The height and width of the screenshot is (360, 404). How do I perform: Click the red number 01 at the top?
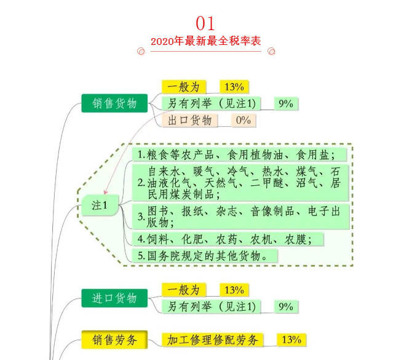[205, 24]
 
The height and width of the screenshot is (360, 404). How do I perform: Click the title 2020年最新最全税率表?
[205, 41]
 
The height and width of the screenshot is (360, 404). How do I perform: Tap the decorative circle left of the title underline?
[141, 52]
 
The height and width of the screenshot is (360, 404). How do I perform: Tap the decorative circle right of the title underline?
[271, 52]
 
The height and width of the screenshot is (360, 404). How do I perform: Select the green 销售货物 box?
[115, 103]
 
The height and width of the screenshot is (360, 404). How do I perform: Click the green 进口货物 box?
[115, 298]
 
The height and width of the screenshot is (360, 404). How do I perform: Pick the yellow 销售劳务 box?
[115, 340]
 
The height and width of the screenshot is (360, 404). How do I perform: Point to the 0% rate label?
[243, 120]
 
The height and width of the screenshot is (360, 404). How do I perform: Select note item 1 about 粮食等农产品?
[240, 154]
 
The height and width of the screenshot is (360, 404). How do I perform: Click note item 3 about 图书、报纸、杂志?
[240, 216]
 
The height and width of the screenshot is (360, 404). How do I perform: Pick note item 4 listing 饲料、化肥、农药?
[228, 239]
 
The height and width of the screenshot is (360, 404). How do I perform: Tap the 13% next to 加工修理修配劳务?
[291, 340]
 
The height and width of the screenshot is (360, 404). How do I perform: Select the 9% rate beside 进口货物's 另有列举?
[285, 306]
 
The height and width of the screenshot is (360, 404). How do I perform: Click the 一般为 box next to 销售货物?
[184, 87]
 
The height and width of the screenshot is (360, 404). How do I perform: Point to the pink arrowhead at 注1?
[106, 193]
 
